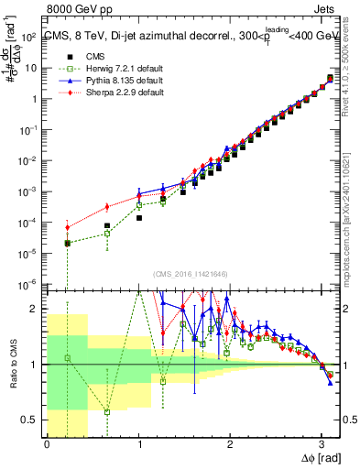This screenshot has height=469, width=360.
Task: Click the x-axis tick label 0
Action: [47, 444]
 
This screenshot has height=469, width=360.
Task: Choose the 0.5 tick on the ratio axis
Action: [32, 420]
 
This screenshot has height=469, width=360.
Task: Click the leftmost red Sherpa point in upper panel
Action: [67, 227]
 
